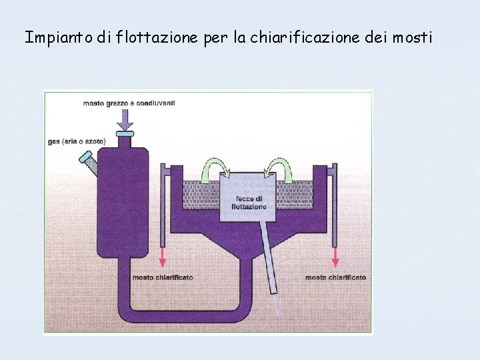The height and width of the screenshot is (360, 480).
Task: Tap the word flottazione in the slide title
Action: pyautogui.click(x=156, y=37)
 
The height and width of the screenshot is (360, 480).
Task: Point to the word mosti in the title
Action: pyautogui.click(x=412, y=37)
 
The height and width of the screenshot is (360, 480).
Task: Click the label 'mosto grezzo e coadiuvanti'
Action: pyautogui.click(x=129, y=103)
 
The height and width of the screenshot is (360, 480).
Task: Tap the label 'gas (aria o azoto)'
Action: pyautogui.click(x=77, y=141)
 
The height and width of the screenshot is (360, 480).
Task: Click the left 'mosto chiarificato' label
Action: pyautogui.click(x=163, y=277)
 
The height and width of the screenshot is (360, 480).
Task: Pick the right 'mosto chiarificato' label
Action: pyautogui.click(x=335, y=277)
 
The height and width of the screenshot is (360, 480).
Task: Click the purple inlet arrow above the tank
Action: pyautogui.click(x=124, y=121)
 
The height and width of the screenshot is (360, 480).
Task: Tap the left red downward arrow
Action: pyautogui.click(x=163, y=256)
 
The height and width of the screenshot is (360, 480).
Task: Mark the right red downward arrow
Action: pyautogui.click(x=335, y=256)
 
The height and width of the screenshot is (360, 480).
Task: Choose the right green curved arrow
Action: pyautogui.click(x=281, y=167)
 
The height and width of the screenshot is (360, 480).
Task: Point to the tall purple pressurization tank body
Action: pyautogui.click(x=123, y=200)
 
